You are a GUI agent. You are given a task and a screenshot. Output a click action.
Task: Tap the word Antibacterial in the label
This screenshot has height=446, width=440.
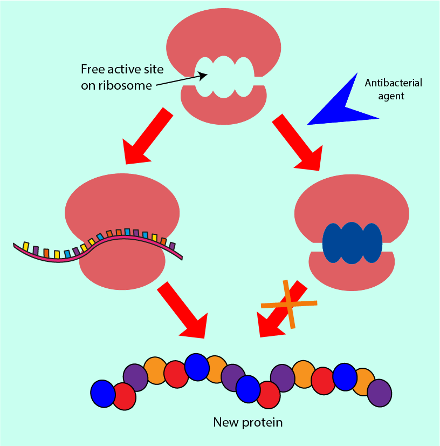click(x=393, y=83)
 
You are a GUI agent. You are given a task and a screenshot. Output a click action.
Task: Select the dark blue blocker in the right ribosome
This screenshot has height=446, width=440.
click(x=352, y=243)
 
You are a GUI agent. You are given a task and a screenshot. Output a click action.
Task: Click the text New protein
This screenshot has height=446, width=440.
click(x=248, y=422)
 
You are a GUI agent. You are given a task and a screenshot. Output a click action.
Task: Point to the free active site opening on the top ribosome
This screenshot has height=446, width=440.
click(x=223, y=78)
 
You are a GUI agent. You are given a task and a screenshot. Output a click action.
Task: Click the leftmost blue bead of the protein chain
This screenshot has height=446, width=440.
click(x=102, y=393)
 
